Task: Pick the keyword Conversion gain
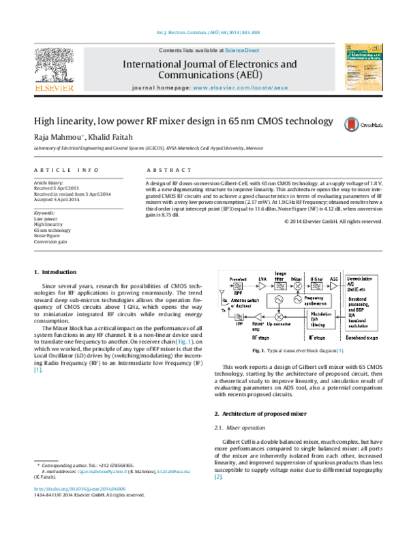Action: [51, 241]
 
